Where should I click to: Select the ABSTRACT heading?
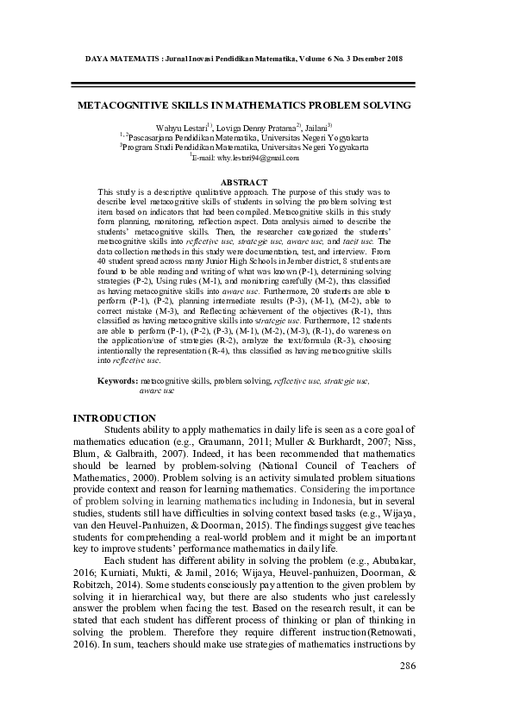[x=245, y=182]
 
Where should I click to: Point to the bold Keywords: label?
[x=117, y=380]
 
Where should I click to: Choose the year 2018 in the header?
[x=394, y=58]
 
